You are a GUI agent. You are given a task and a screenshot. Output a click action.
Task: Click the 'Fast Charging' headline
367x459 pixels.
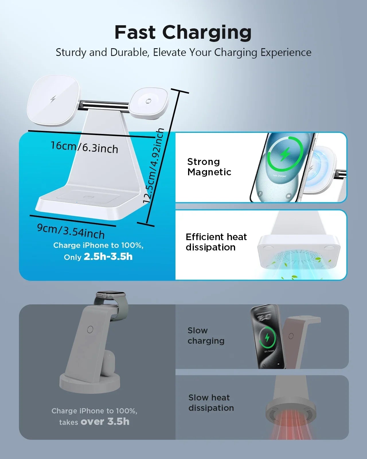pyautogui.click(x=183, y=32)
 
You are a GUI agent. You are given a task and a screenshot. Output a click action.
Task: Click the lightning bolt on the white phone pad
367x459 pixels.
pyautogui.click(x=53, y=99)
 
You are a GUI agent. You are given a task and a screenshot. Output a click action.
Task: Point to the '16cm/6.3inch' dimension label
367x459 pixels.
pyautogui.click(x=84, y=147)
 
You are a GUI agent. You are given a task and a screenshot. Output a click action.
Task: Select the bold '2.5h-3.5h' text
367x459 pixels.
pyautogui.click(x=108, y=256)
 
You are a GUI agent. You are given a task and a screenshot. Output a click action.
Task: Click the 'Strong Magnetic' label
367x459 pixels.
pyautogui.click(x=209, y=167)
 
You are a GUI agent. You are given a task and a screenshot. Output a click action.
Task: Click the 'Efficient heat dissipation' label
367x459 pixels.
pyautogui.click(x=216, y=242)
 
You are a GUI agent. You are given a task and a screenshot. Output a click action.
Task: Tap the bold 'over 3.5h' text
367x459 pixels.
pyautogui.click(x=105, y=421)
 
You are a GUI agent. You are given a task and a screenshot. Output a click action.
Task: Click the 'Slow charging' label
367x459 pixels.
pyautogui.click(x=206, y=335)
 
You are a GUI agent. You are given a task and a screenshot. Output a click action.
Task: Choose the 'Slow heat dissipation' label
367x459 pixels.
pyautogui.click(x=211, y=402)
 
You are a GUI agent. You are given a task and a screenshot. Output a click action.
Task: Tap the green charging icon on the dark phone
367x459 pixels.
pyautogui.click(x=267, y=337)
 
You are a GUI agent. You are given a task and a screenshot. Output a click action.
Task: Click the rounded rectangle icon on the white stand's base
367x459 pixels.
pyautogui.click(x=89, y=197)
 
